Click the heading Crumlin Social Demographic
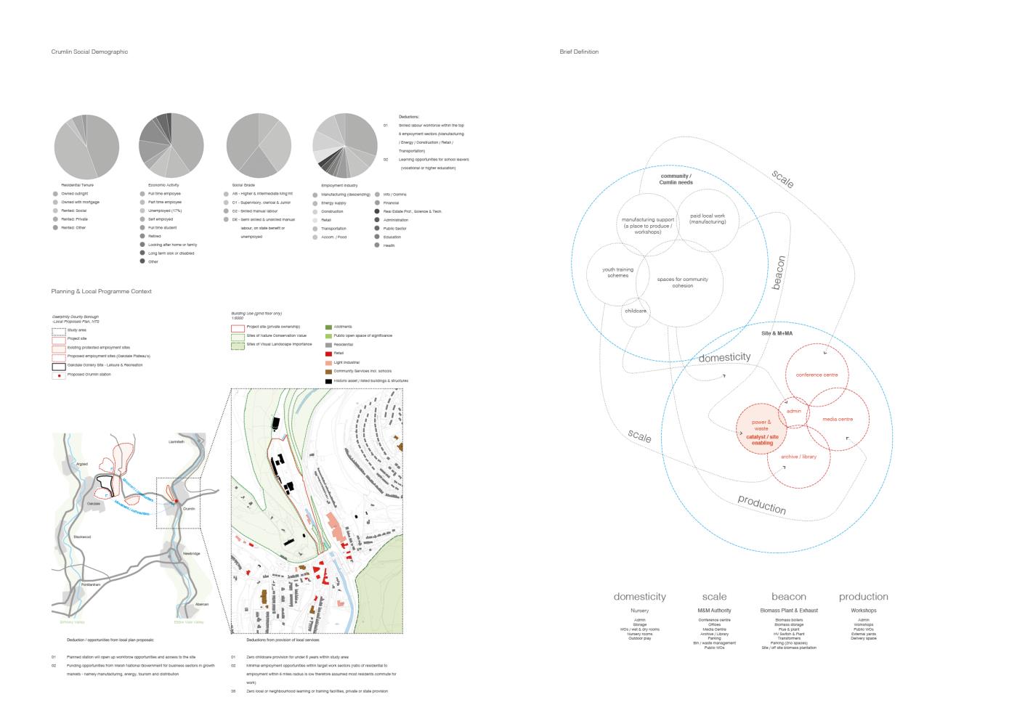89,52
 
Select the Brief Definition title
579,52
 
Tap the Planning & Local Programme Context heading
101,292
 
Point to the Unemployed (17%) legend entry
165,211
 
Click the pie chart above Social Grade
259,146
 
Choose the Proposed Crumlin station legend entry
89,375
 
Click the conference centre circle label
817,375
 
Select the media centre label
838,420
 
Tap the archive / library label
798,457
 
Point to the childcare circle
635,311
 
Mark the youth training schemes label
617,272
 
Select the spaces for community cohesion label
682,282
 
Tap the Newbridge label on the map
191,554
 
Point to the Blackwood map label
82,537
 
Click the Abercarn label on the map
201,604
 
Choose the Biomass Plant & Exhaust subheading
789,611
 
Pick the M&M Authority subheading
714,611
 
